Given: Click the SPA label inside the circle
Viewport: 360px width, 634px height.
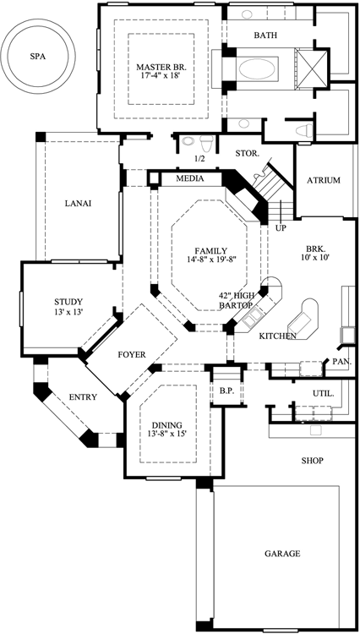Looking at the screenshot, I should (36, 57).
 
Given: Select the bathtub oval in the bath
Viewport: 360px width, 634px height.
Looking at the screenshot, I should (263, 67).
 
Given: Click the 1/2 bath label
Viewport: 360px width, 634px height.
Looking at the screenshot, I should (199, 158).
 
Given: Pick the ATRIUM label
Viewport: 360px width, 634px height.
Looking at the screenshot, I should (323, 180).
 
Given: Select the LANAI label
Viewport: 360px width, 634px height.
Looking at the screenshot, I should (78, 203).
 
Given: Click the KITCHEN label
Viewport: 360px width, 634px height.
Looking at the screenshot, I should (278, 336).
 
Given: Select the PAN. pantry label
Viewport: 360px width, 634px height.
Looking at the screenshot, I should (341, 362).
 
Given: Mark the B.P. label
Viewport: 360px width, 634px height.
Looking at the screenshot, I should (226, 391).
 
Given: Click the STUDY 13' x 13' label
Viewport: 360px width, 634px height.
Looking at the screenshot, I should (68, 307).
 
